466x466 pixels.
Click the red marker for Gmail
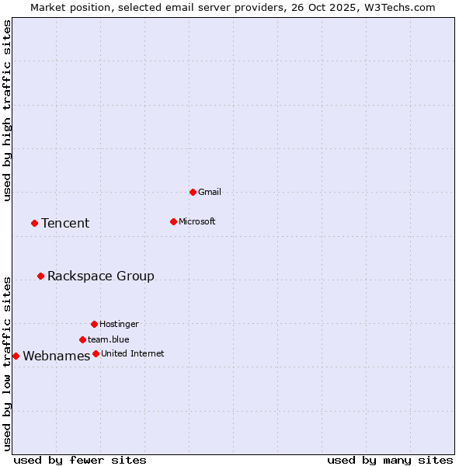[x=193, y=192]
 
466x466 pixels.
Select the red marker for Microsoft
[x=173, y=221]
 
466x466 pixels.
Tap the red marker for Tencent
[x=34, y=223]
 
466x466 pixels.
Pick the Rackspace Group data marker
[x=40, y=276]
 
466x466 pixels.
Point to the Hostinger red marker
[x=94, y=324]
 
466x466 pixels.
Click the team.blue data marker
[x=82, y=339]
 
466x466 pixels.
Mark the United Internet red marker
[x=96, y=353]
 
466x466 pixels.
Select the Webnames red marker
[x=16, y=356]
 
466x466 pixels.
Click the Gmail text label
[x=210, y=192]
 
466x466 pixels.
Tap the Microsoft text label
[x=197, y=221]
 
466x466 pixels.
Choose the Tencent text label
[x=65, y=224]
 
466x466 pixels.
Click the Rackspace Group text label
[x=101, y=276]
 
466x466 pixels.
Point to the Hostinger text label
[x=119, y=324]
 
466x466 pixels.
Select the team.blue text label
[x=109, y=339]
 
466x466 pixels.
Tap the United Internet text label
[x=133, y=353]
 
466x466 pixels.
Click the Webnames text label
[x=57, y=356]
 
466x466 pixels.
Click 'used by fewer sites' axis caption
[x=80, y=460]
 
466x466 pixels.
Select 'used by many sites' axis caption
[x=390, y=460]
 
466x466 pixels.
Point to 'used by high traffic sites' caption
[x=7, y=110]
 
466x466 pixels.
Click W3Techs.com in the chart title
[x=397, y=7]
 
